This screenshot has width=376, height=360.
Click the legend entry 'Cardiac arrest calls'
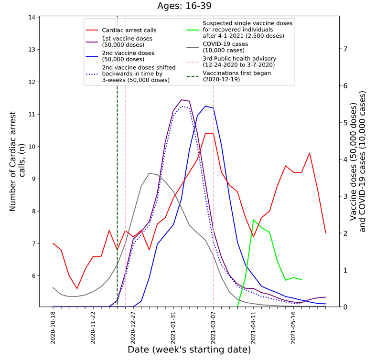tap(129, 30)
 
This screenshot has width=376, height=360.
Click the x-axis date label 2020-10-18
tap(53, 327)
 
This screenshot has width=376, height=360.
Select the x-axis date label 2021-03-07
tap(213, 327)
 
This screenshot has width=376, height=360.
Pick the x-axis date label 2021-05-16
tap(293, 327)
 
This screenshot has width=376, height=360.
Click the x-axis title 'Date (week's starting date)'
tap(189, 350)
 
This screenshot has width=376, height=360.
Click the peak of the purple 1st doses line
tap(182, 100)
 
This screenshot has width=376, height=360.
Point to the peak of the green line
tap(253, 220)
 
